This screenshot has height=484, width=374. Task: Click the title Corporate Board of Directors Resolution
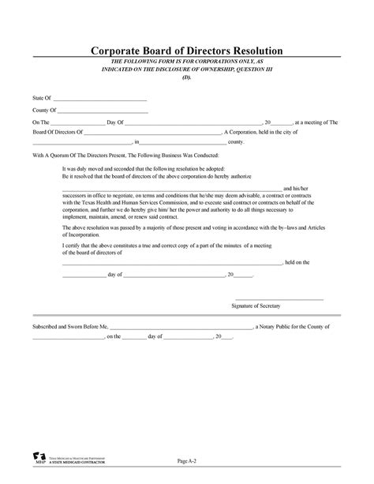point(186,51)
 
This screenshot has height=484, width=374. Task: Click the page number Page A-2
point(187,460)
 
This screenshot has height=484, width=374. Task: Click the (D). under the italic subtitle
point(186,77)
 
